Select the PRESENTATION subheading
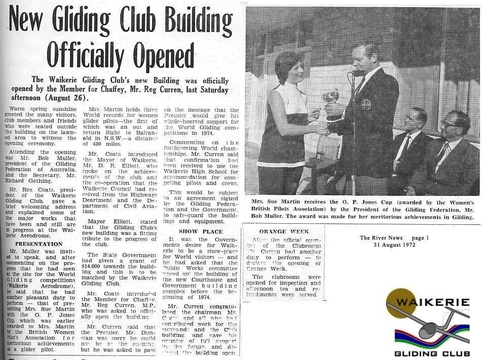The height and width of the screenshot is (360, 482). [35, 244]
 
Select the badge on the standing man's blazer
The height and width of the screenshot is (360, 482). [365, 105]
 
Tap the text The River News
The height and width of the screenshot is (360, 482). [381, 237]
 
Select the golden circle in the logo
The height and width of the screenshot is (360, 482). [400, 303]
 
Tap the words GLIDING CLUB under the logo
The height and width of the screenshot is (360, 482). [432, 353]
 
